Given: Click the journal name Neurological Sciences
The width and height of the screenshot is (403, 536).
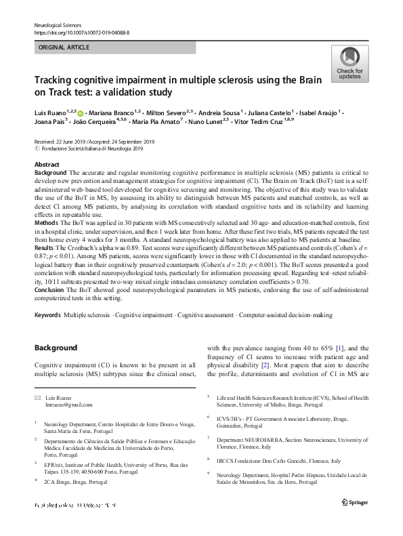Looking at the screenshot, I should coord(57,25).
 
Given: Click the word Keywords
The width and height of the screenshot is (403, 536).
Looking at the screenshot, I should coord(47,316).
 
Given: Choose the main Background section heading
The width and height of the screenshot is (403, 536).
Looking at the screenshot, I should coord(56,348).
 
